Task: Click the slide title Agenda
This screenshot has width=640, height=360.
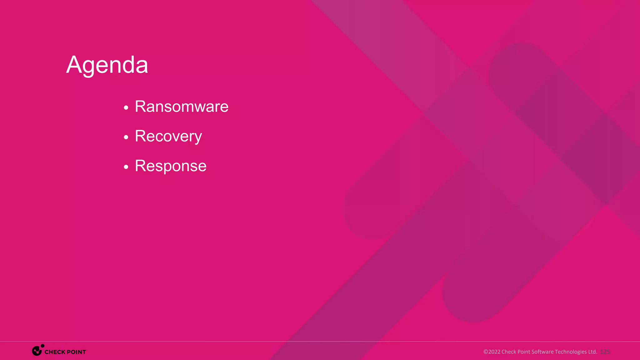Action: (107, 65)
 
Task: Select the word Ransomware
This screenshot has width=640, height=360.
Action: (182, 107)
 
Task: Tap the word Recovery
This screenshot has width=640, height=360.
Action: (168, 136)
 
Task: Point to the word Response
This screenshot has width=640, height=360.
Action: (171, 166)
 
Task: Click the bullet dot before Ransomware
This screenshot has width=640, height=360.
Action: (126, 108)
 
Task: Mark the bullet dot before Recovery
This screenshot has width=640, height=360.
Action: (126, 137)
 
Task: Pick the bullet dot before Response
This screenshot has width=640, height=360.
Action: (126, 167)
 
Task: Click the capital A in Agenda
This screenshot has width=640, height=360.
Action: (74, 65)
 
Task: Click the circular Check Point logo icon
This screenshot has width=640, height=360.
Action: (37, 351)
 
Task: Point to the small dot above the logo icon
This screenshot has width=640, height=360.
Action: (42, 346)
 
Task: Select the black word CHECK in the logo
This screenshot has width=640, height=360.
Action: (55, 352)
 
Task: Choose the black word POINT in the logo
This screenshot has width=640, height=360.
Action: (76, 352)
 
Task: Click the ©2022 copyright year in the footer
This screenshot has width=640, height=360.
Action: (492, 352)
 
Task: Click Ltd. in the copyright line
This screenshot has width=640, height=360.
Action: (592, 352)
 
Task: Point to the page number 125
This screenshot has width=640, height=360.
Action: (605, 352)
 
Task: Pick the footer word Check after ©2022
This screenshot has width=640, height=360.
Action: (509, 352)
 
